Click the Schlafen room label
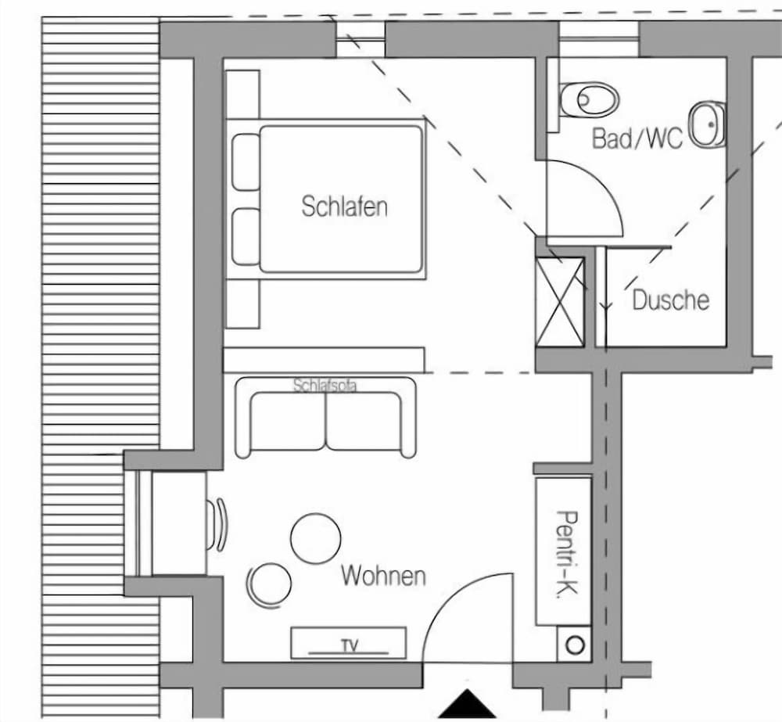tap(345, 207)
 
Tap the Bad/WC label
tap(637, 138)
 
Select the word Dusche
tap(671, 300)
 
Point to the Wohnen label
tap(383, 576)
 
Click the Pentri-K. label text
tap(567, 554)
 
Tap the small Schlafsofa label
tap(325, 385)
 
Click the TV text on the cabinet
tap(350, 645)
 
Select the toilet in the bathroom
tap(589, 99)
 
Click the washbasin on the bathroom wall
tap(707, 124)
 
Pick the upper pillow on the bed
tap(246, 162)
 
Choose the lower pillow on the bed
tap(246, 236)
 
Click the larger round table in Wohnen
tap(316, 539)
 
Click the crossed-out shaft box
tap(560, 302)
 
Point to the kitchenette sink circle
tap(575, 645)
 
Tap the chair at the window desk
tap(217, 525)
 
